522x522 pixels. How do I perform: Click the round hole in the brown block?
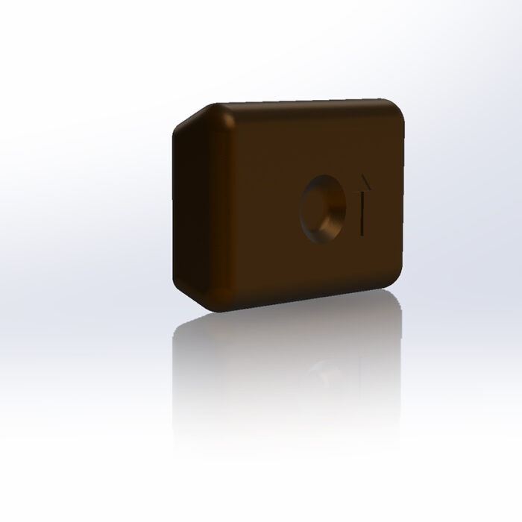coord(323,208)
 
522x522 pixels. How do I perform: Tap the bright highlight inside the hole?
coord(332,221)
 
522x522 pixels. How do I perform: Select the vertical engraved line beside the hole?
coord(363,213)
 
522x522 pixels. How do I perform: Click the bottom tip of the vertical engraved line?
coord(363,234)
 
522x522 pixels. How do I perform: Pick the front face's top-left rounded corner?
coord(225,115)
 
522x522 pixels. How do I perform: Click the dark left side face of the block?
coord(191,209)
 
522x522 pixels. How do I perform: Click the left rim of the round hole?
coord(301,208)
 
